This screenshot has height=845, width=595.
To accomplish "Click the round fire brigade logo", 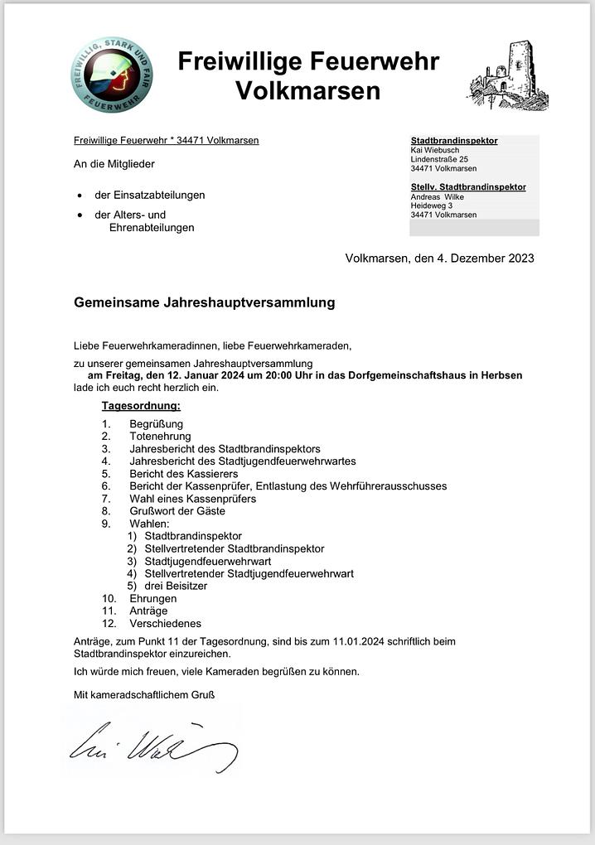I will pyautogui.click(x=112, y=75).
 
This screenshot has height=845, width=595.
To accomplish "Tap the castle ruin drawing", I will pyautogui.click(x=509, y=77).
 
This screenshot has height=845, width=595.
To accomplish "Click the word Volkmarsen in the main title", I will pyautogui.click(x=308, y=90).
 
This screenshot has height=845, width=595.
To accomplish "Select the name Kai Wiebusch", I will pyautogui.click(x=435, y=150).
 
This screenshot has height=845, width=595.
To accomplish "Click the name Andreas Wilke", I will pyautogui.click(x=438, y=197).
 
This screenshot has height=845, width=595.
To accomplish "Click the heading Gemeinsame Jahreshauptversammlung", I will pyautogui.click(x=204, y=302).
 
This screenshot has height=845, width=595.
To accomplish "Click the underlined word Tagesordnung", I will pyautogui.click(x=141, y=406).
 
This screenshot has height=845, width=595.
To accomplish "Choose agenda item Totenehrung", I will pyautogui.click(x=160, y=437).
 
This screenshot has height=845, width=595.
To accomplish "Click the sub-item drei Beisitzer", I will pyautogui.click(x=176, y=586).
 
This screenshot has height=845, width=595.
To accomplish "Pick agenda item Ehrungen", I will pyautogui.click(x=152, y=598).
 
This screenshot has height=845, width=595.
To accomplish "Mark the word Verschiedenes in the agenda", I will pyautogui.click(x=165, y=623).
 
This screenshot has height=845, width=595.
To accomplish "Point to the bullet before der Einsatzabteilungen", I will pyautogui.click(x=79, y=196).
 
